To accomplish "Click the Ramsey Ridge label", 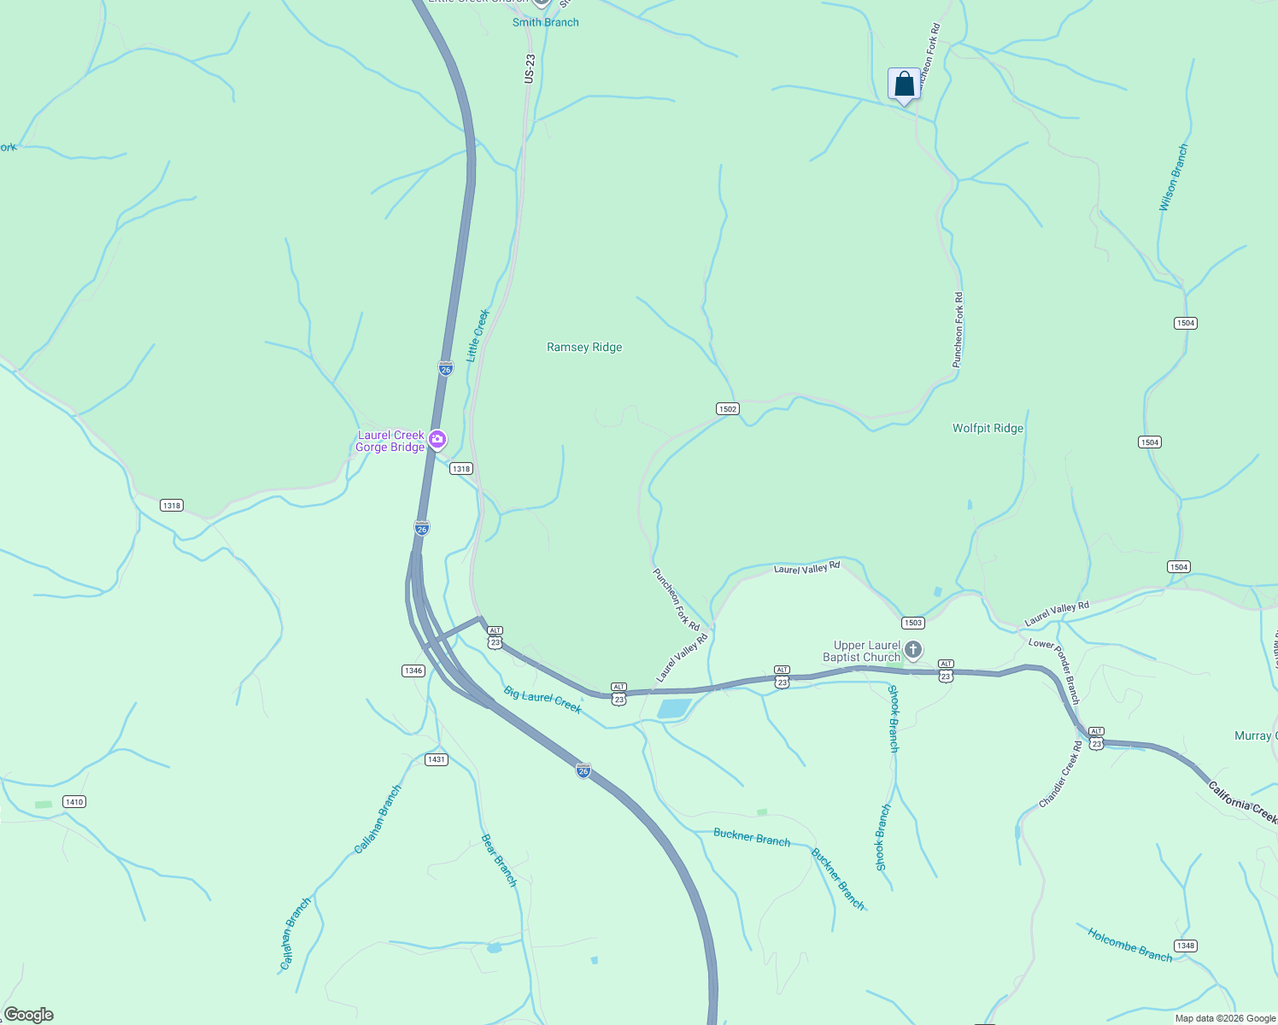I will (584, 347).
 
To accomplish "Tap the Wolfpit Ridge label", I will (988, 428).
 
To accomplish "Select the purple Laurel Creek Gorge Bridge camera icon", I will (437, 440).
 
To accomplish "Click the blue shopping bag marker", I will (904, 85).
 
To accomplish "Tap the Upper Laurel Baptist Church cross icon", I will (913, 651).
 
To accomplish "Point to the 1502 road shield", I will (727, 409).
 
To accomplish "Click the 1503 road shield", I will (912, 623).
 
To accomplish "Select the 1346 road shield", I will (413, 671).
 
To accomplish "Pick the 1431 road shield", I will (436, 759).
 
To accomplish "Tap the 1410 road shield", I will (74, 801).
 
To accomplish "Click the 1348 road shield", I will (1185, 946).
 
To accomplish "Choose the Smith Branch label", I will (545, 22).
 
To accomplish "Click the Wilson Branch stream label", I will (1173, 178).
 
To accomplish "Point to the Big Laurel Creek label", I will (542, 699).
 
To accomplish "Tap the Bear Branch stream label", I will (499, 860).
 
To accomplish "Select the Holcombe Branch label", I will (1129, 945).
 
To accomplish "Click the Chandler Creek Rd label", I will (1060, 775).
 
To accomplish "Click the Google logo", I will (29, 1015).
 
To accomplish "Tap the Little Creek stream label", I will (477, 336).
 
